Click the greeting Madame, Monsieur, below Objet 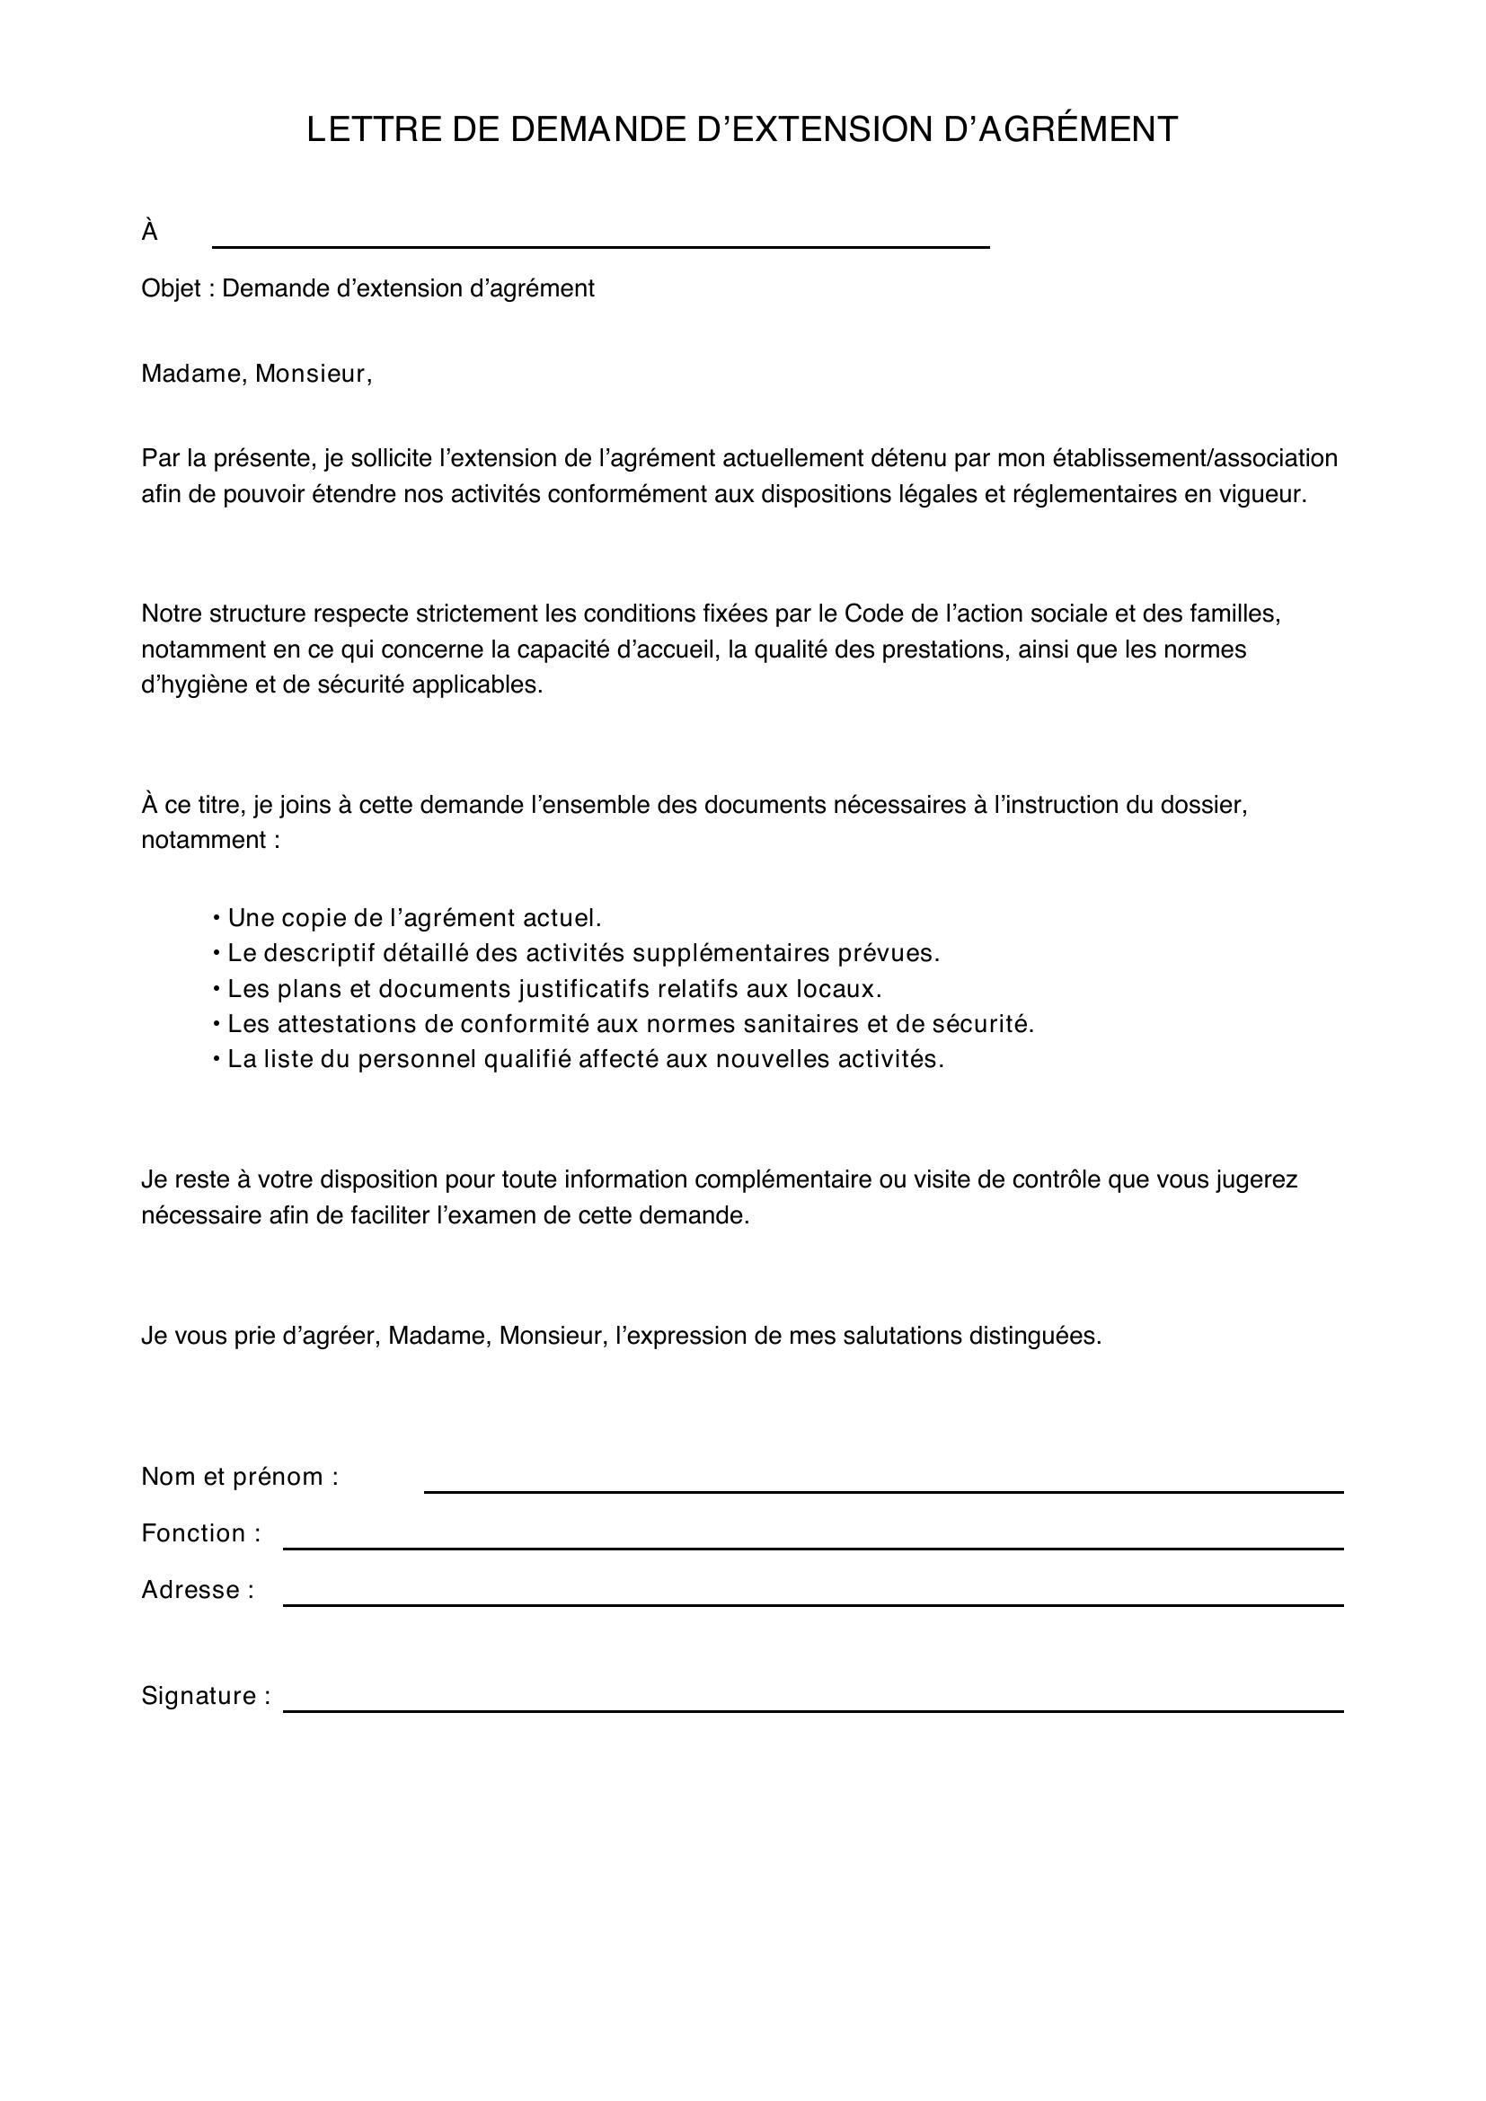(256, 375)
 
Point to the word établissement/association (1195, 457)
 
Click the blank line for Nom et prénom (883, 1491)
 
